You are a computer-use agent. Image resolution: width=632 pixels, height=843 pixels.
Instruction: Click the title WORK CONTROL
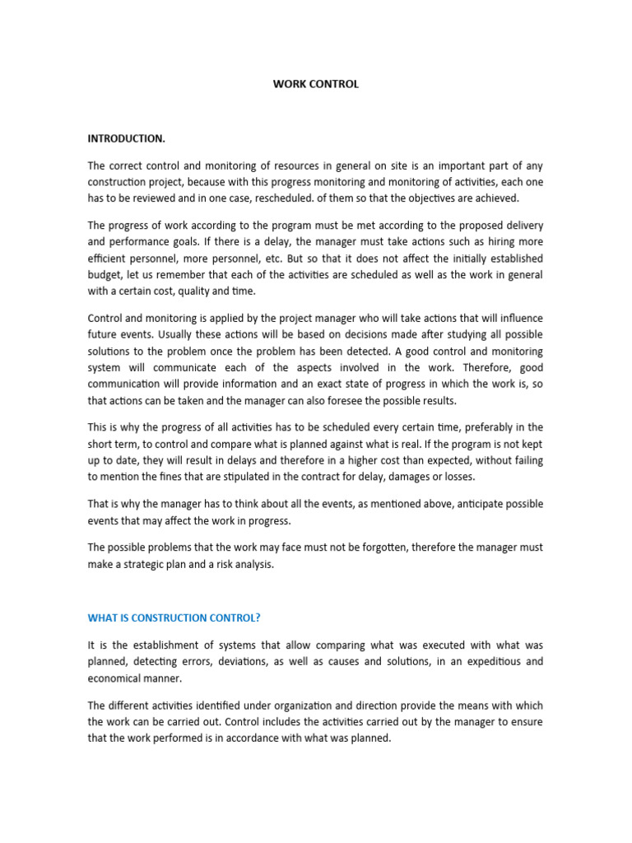pos(316,84)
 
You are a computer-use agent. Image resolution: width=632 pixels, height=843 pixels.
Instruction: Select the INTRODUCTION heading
pos(126,138)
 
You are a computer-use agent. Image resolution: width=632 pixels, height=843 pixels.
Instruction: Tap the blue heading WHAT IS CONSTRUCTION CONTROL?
pos(179,618)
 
